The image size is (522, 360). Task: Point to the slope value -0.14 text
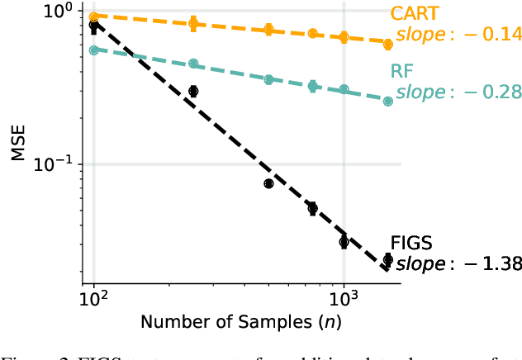[x=459, y=34]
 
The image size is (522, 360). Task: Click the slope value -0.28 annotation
[x=459, y=91]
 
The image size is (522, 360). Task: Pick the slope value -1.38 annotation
[x=459, y=264]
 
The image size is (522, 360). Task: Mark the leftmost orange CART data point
[x=94, y=17]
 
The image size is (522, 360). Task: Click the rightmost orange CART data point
[x=388, y=44]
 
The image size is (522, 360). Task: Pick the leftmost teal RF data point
[x=94, y=50]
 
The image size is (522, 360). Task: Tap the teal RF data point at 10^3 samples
[x=344, y=89]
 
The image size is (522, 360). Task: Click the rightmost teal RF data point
[x=388, y=101]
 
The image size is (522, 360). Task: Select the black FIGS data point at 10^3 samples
[x=344, y=242]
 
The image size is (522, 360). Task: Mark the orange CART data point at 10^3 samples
[x=344, y=37]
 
